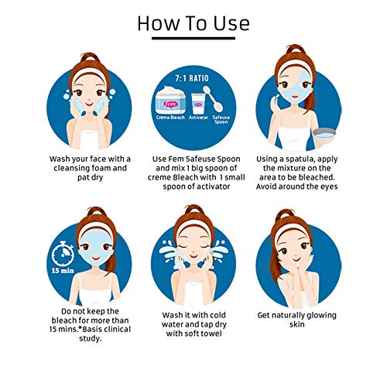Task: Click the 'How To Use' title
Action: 193,23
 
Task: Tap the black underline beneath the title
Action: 193,38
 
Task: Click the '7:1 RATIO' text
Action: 192,78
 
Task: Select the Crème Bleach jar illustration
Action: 171,100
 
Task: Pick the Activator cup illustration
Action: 198,104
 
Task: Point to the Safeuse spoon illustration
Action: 213,99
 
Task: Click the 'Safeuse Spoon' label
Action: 221,119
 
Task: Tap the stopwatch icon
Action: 63,254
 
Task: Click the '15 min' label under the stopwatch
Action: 63,271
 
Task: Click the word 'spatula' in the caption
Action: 300,159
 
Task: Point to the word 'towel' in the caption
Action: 211,334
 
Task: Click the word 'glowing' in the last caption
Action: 320,316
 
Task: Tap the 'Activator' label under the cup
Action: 198,118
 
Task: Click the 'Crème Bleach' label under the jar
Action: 170,118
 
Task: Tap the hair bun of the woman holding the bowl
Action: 296,49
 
